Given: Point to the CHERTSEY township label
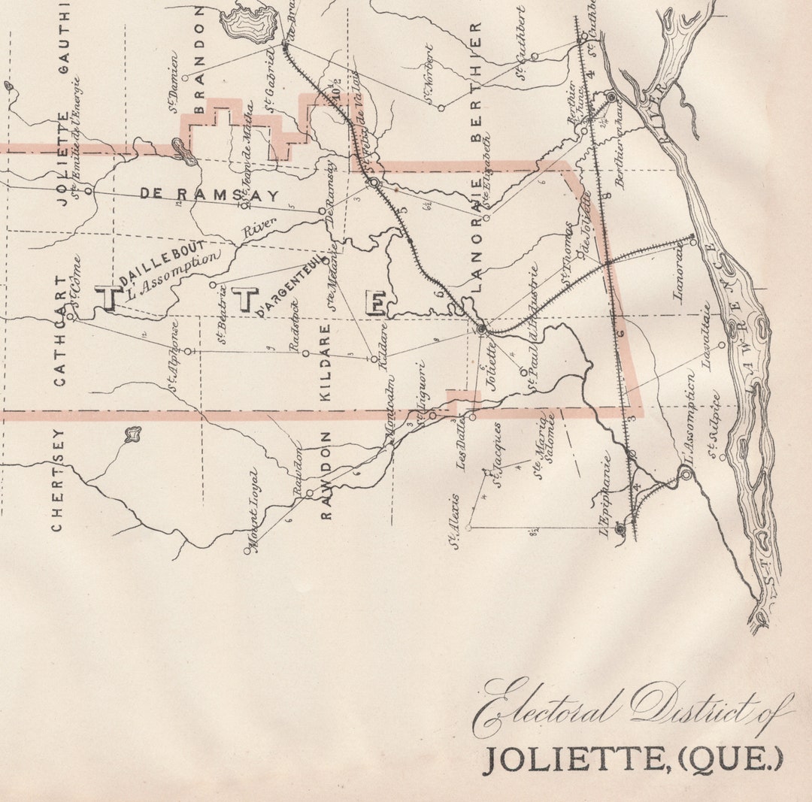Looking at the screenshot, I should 57,480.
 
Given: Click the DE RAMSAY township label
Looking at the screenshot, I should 209,195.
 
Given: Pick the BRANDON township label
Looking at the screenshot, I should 200,60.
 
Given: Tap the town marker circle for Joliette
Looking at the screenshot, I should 481,329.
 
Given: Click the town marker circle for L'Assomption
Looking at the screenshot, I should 685,473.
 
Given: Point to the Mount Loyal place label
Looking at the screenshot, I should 253,512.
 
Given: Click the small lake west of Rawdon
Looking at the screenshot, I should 133,434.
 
